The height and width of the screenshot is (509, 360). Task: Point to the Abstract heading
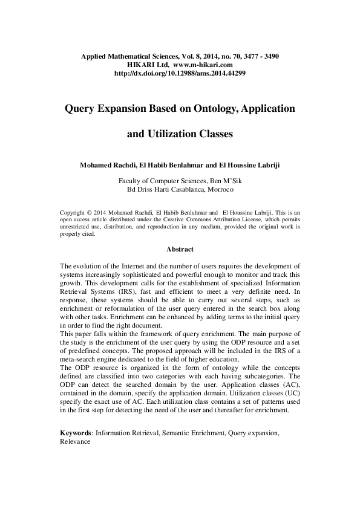(180, 249)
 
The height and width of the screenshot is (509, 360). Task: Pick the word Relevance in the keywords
(75, 442)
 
